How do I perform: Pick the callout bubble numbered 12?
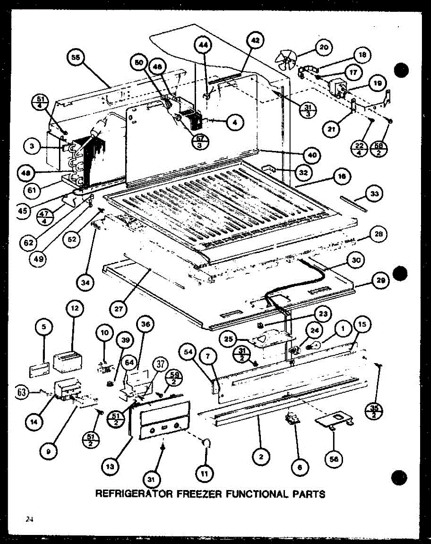pos(74,308)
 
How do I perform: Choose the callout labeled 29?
pos(380,281)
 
